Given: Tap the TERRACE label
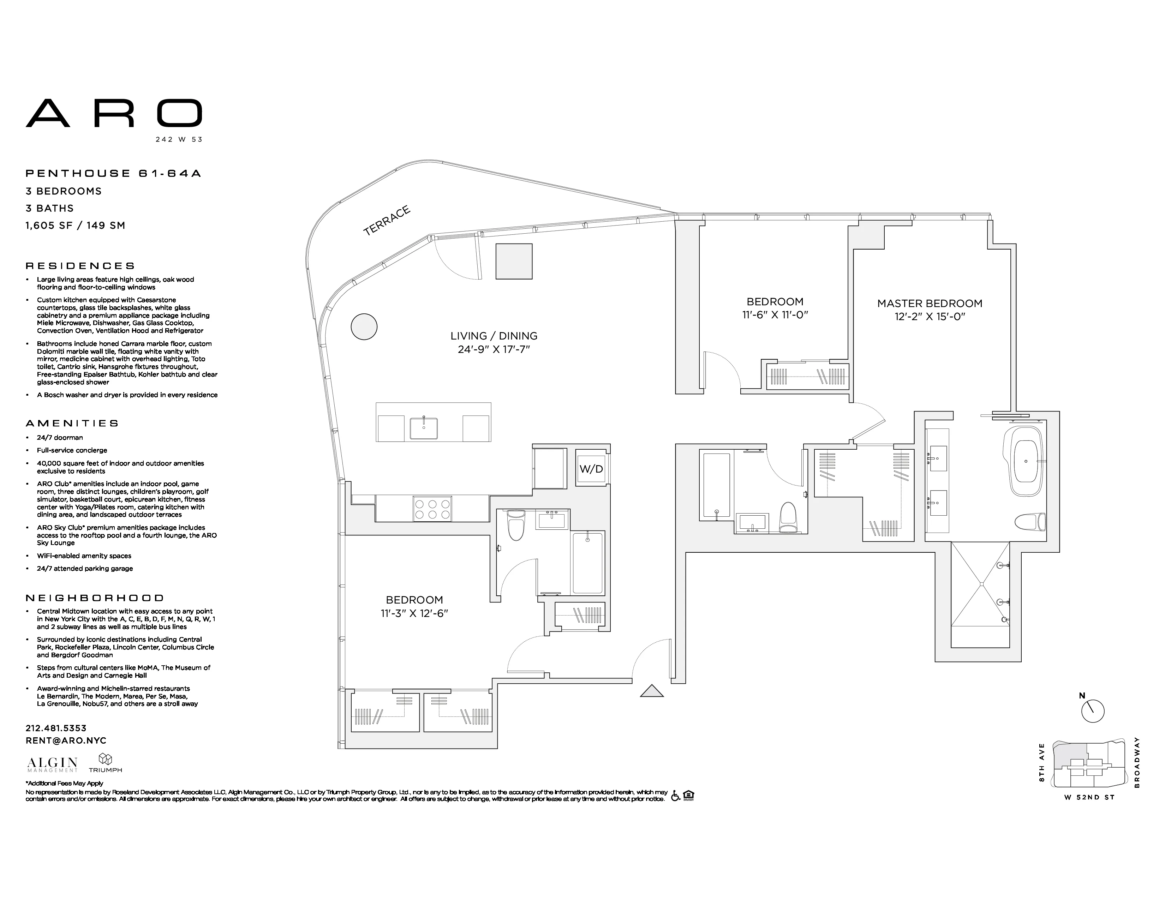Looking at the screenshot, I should pos(387,220).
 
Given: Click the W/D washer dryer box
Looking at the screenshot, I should pos(591,469).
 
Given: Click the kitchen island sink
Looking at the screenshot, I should pos(424,428).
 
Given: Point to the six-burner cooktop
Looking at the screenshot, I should pos(432,509).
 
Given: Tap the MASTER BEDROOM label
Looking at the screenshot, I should pos(930,304).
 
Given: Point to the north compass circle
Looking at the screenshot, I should pos(1093,711).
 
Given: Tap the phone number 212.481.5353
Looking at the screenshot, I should pos(56,728).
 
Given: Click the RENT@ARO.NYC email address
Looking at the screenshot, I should pos(66,740).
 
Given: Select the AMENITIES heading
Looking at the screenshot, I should pos(72,423).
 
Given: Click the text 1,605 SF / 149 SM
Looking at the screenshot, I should pos(75,226).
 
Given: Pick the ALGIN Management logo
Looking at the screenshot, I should pos(52,764).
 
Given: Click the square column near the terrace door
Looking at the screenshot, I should pos(514,261).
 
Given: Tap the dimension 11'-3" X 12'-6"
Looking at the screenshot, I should pos(414,613).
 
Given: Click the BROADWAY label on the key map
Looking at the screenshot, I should pos(1137,762).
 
